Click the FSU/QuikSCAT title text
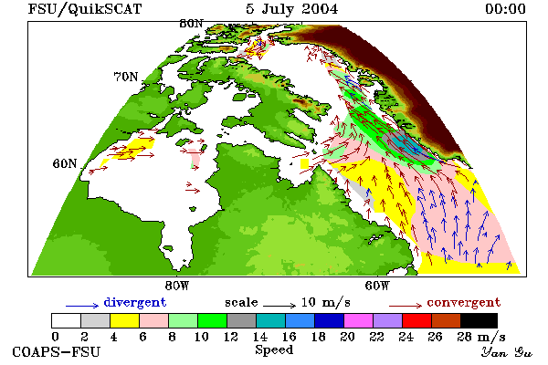coord(85,9)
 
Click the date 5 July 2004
coord(292,9)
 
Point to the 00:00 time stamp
coord(505,9)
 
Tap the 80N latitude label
coord(191,24)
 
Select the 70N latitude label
coord(126,77)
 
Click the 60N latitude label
coord(65,163)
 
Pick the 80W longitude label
coord(177,286)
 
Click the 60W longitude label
coord(376,286)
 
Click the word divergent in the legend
coord(135,302)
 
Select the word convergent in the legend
coord(464,302)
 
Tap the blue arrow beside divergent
coord(82,306)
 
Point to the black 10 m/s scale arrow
coord(279,306)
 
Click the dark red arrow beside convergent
coord(406,306)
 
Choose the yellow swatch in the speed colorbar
coord(125,320)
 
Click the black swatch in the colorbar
coord(479,320)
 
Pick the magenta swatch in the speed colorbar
coord(359,320)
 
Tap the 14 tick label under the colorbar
coord(259,337)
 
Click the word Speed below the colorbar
coord(274,350)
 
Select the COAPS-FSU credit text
coord(57,351)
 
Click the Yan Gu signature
coord(507,352)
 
